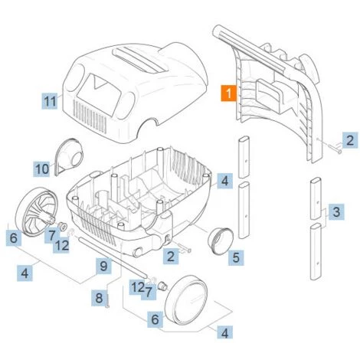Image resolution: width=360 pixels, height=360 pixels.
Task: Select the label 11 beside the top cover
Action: [50, 100]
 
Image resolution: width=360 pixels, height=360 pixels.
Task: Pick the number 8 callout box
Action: [99, 297]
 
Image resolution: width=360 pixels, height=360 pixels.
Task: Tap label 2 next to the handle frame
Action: [349, 140]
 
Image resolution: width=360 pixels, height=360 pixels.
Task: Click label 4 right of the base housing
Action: [223, 181]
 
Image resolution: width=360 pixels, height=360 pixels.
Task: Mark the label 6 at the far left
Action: [13, 239]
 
